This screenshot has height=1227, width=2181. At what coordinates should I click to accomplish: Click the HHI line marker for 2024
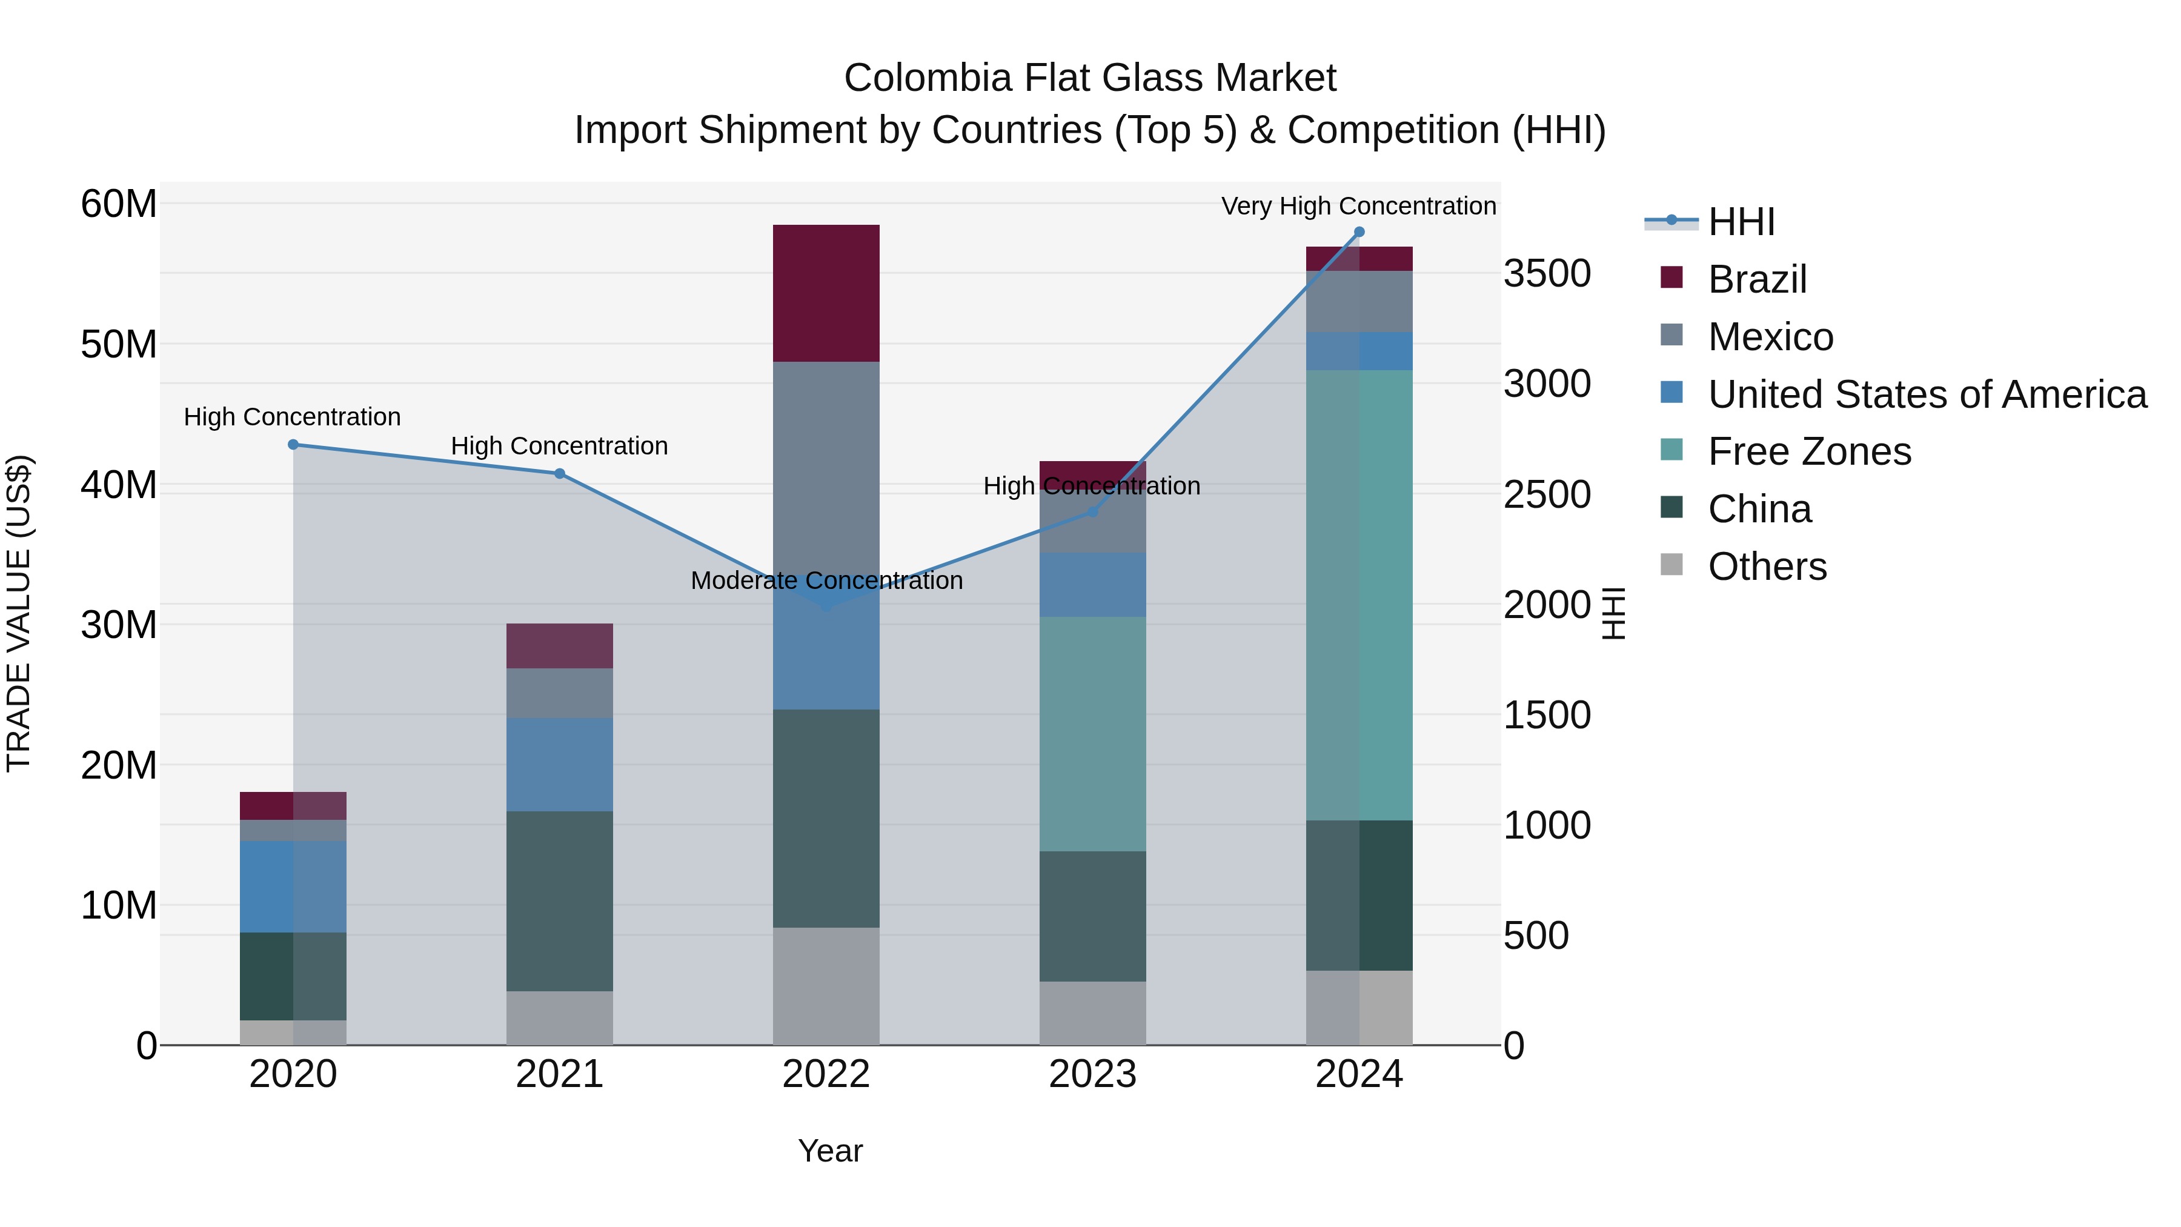coord(1359,232)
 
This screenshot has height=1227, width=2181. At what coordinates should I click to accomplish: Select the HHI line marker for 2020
coord(293,445)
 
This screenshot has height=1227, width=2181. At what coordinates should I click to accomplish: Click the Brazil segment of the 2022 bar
coord(826,293)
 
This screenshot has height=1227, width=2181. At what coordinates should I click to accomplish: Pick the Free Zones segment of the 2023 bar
coord(1092,733)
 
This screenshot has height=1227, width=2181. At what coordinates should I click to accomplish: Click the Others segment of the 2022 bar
coord(826,986)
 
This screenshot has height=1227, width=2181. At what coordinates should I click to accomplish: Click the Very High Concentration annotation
coord(1358,207)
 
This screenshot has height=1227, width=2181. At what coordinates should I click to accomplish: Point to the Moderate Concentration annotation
coord(826,581)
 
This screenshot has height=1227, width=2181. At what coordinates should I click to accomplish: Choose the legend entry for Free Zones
coord(1809,451)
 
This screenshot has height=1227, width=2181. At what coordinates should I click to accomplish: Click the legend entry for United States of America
coord(1927,394)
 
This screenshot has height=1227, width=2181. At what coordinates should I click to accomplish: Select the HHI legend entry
coord(1741,222)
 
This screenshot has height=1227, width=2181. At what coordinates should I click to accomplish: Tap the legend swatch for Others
coord(1671,564)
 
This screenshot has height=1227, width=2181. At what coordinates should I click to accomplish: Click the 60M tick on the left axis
coord(119,204)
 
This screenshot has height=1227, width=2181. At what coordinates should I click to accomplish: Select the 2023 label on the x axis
coord(1092,1074)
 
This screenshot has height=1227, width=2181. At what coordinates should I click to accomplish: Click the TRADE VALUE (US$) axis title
coord(19,613)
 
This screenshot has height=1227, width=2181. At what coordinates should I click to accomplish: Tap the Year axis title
coord(830,1151)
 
